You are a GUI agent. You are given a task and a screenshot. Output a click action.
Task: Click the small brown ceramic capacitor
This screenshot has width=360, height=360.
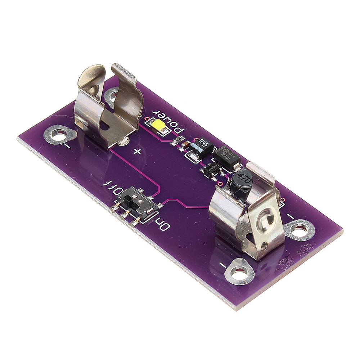tap(184, 144)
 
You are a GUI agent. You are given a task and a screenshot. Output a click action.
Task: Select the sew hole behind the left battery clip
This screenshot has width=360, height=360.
tap(112, 95)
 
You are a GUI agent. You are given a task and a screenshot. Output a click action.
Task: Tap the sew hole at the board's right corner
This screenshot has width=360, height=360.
tap(300, 230)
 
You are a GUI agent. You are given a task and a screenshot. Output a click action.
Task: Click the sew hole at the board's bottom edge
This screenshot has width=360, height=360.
tap(239, 274)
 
